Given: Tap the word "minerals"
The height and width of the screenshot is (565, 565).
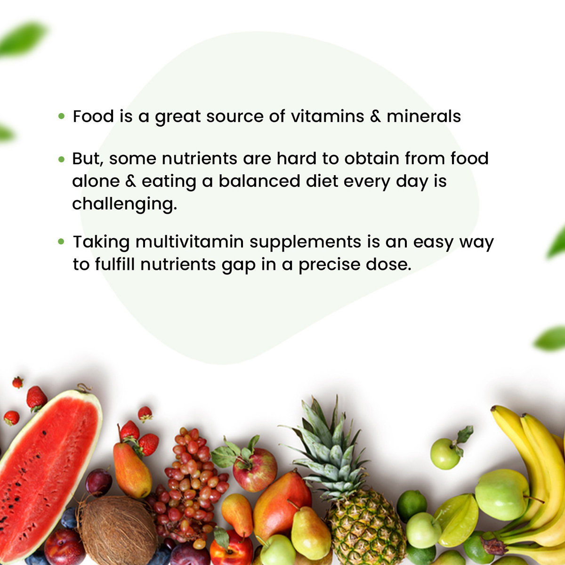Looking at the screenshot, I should point(424,116).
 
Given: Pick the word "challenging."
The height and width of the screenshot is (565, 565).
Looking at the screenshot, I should point(124,204).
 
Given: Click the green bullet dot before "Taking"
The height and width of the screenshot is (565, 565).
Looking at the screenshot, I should point(61,242).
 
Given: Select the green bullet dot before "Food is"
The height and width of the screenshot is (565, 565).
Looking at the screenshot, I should point(61,116).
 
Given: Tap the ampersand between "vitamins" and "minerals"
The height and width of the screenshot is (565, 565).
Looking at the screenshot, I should point(375,116).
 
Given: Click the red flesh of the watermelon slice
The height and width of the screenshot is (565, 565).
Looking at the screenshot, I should point(42,471).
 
